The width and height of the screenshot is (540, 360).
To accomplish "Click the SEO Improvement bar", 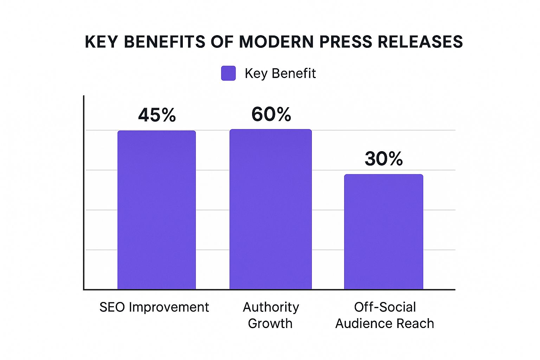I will [x=156, y=210].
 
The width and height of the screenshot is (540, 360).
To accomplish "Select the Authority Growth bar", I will [x=270, y=209].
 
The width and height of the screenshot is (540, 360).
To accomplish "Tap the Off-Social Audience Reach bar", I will [x=384, y=232].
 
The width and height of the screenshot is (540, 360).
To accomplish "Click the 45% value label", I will [x=157, y=115].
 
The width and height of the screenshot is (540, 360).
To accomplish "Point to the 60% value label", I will [x=271, y=114].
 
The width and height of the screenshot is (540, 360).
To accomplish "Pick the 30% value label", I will [x=384, y=159].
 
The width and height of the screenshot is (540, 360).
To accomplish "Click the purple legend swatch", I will [x=228, y=73].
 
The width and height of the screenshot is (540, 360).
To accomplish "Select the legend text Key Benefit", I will [x=280, y=73].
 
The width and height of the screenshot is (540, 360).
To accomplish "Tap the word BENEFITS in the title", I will [x=165, y=42].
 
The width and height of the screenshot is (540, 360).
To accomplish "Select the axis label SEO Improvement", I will [x=154, y=307].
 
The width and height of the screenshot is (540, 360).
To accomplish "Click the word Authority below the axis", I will [x=271, y=307].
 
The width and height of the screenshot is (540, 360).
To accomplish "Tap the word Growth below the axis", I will [x=270, y=323].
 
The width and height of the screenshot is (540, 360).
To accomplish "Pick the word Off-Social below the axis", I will [x=385, y=307].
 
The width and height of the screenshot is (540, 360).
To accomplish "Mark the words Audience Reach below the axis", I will [x=385, y=323].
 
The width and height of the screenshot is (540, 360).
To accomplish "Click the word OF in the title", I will [x=222, y=42].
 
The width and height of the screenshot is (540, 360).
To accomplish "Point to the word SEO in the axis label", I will [x=112, y=307].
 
